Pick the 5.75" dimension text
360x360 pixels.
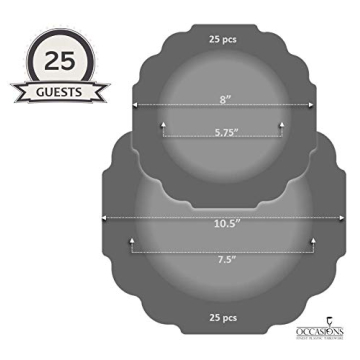tap(224, 131)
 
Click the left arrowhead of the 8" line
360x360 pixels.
tap(136, 105)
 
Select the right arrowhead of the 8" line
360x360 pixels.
tap(311, 105)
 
